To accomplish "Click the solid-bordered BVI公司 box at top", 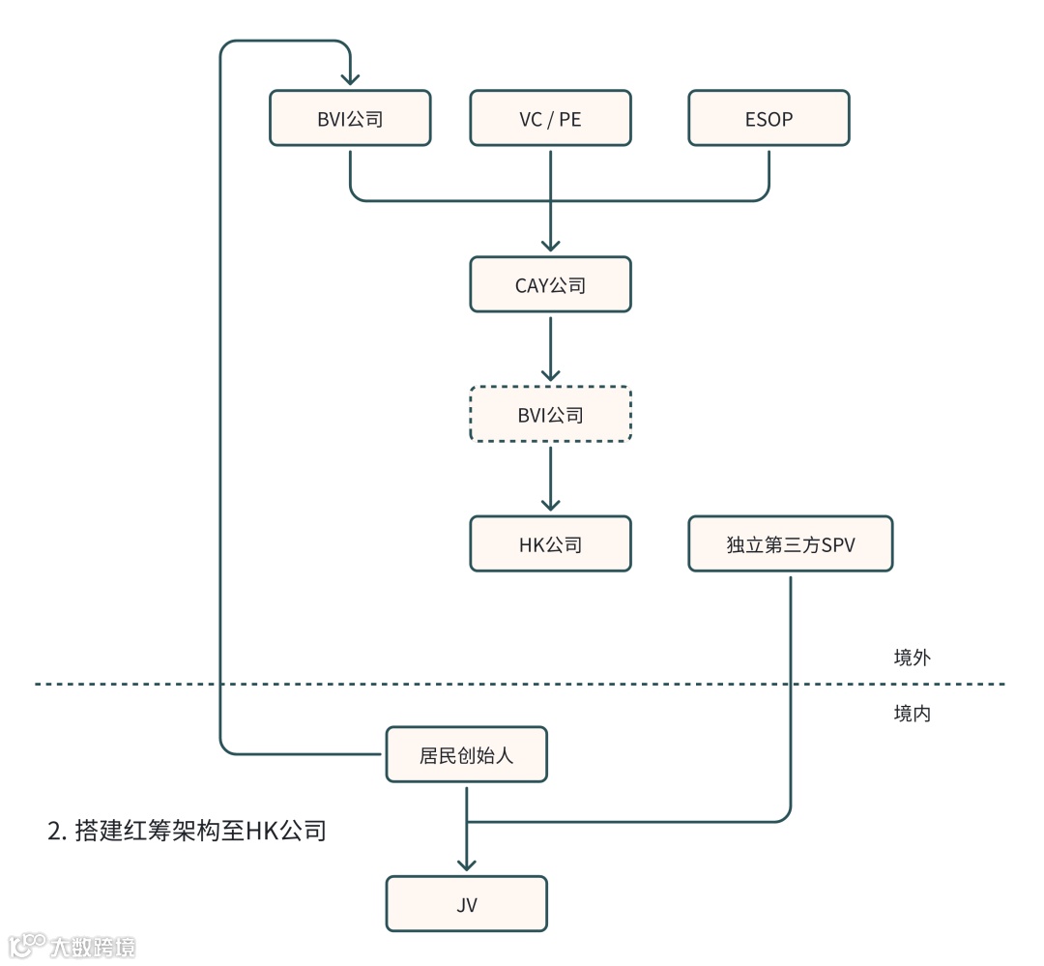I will [350, 119].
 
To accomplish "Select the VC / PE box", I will [550, 119].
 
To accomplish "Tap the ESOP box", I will [768, 119].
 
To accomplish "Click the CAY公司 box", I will [550, 285].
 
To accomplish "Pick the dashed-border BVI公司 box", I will [550, 415].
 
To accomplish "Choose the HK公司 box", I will [550, 544].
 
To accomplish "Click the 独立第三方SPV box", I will [790, 544].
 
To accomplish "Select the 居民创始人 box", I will [466, 754].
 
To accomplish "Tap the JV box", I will [466, 904].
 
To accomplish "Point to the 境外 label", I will [912, 658].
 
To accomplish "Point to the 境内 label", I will [912, 715].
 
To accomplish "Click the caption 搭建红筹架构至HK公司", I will [187, 830].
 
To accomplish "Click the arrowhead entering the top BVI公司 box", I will [350, 78].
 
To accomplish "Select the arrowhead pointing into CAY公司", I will [550, 244].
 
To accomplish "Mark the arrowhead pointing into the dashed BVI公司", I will [550, 373].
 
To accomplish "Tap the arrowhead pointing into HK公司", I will [550, 503].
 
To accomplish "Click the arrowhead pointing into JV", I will [466, 863].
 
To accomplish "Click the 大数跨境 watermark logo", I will [72, 945].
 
